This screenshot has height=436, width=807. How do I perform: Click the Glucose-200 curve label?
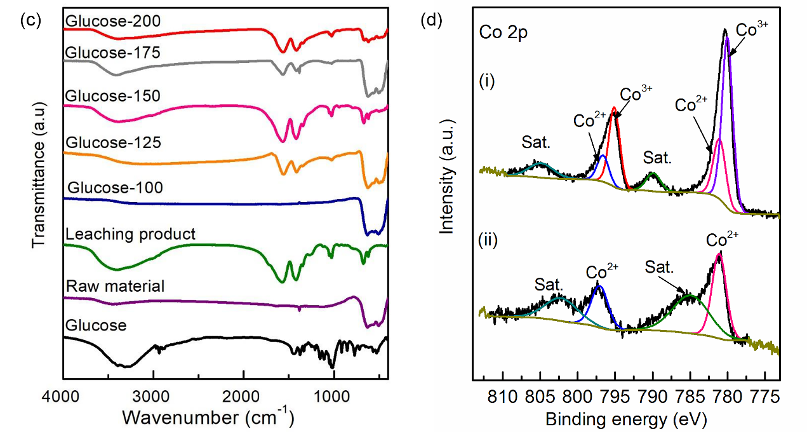112,21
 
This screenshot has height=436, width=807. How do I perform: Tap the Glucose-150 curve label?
112,96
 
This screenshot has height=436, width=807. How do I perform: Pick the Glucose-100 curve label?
115,188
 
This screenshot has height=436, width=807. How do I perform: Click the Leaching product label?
130,234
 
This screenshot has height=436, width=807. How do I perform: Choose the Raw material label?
115,286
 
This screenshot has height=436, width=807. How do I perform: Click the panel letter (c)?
30,20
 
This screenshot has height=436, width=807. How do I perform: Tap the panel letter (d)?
431,20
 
